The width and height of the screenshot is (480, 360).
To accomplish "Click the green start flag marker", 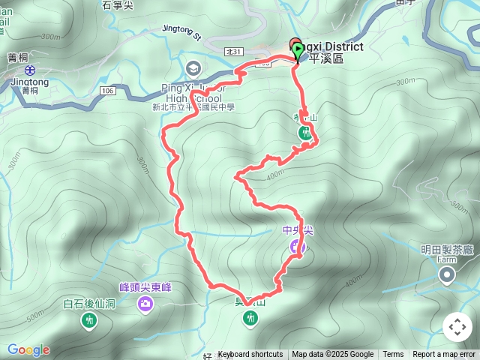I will (x=298, y=51).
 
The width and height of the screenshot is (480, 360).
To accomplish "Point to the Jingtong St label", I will (x=181, y=32).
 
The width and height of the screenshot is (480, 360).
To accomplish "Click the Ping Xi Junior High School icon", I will (x=193, y=69).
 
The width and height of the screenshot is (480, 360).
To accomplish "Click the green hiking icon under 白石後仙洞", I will (x=88, y=321).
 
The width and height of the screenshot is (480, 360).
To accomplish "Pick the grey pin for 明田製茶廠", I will (x=448, y=275).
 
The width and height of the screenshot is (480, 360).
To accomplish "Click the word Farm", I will (x=448, y=260).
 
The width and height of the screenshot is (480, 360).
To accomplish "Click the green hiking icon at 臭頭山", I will (x=250, y=319).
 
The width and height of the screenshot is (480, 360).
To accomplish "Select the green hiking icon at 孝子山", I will (x=305, y=133).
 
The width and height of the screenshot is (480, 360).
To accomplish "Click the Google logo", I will (x=28, y=349).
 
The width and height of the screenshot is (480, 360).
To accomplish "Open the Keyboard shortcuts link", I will (x=250, y=355).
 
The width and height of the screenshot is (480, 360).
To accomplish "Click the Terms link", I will (x=393, y=355).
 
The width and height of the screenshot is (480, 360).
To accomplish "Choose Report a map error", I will (x=444, y=355).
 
